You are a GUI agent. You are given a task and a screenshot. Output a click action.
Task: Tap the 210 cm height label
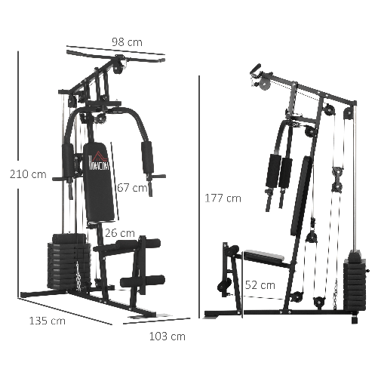[x=27, y=174]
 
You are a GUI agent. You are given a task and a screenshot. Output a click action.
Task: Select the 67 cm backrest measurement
[x=132, y=188]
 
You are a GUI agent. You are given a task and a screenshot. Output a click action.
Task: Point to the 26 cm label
[x=121, y=233]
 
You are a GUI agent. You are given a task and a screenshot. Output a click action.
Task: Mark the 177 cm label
[x=223, y=198]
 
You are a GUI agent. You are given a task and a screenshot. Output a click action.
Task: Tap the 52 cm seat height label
[x=261, y=285]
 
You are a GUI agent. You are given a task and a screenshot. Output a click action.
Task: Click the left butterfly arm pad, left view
[x=67, y=161]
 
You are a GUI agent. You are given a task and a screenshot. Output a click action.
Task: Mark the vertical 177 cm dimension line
[x=198, y=198]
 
